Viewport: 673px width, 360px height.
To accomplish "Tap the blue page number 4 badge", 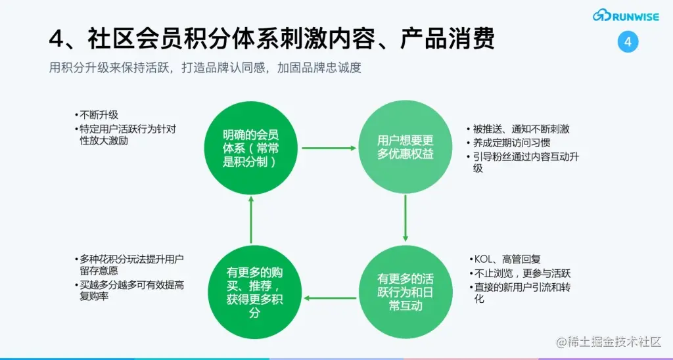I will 628,42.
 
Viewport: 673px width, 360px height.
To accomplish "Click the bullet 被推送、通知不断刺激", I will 521,129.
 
